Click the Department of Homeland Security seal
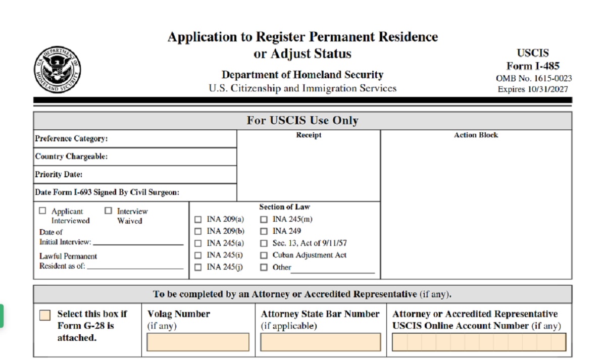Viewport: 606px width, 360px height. coord(58,70)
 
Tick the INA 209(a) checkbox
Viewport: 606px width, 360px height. coord(198,219)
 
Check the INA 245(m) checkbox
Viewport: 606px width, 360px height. coord(264,219)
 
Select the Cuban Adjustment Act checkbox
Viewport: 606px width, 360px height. coord(264,255)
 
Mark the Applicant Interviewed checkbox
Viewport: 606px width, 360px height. coord(42,211)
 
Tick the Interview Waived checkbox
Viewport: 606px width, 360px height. coord(108,211)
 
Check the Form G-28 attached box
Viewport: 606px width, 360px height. coord(45,315)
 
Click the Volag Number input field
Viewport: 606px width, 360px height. coord(198,342)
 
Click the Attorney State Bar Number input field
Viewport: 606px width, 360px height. coord(320,342)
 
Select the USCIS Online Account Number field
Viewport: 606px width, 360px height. coord(479,342)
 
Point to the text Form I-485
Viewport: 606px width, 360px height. coord(533,66)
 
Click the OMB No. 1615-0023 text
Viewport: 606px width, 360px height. coord(534,78)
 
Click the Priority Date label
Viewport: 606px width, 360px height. coord(59,175)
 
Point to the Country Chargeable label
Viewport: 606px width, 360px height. coord(71,157)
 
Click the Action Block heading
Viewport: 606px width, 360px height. coord(476,135)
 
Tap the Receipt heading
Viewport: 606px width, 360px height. coord(309,135)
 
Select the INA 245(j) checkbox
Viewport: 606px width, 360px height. coord(198,268)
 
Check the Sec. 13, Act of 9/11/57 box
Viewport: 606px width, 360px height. coord(264,243)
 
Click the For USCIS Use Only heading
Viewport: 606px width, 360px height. coord(302,121)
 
